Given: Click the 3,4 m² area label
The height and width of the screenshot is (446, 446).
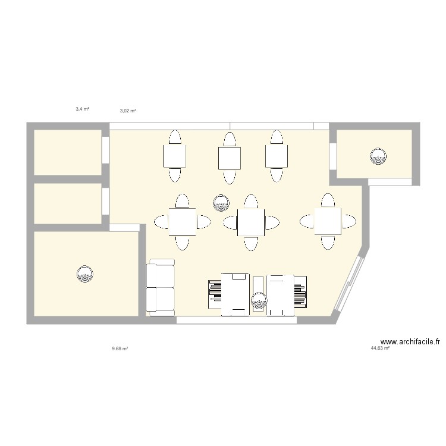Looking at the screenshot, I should [x=82, y=109].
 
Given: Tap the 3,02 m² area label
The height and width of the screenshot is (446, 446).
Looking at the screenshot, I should [x=128, y=111].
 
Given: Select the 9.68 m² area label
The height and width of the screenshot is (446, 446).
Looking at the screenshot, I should [x=120, y=348].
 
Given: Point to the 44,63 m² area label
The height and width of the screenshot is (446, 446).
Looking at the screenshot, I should [x=380, y=348].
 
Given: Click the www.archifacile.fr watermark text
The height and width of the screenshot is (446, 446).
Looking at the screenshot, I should [x=410, y=342].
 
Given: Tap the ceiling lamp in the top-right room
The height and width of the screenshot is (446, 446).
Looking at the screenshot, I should [x=378, y=156].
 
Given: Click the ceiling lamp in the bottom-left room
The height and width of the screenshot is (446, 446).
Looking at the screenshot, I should [x=85, y=274].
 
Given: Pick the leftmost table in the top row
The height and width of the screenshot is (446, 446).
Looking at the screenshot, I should [x=175, y=157].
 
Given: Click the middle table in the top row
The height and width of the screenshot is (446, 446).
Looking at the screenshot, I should [x=229, y=157].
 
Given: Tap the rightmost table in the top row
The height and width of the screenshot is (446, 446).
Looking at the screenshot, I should [x=276, y=156].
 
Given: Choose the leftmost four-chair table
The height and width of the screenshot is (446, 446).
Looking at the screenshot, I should [x=182, y=222].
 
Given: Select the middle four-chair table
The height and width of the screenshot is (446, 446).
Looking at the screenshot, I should [x=250, y=222].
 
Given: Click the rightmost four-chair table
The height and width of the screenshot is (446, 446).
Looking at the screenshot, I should [x=327, y=221].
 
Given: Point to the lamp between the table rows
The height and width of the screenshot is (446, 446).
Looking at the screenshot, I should [x=221, y=203].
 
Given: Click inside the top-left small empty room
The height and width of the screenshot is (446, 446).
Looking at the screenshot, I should [x=67, y=152].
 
